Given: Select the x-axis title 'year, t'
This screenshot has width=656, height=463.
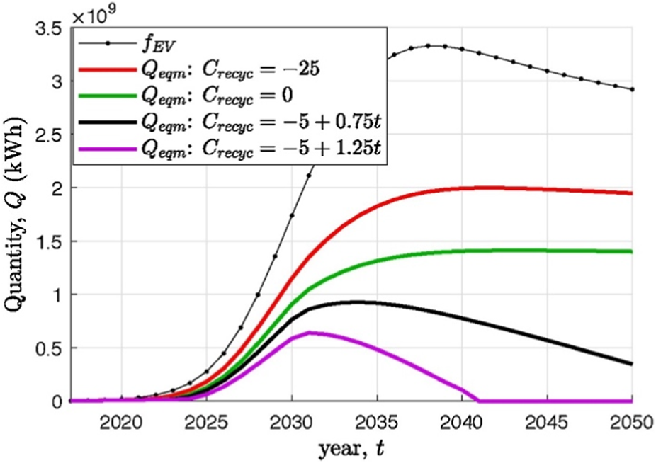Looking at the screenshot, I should (351, 448).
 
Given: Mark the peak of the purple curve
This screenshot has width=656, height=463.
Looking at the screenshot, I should (309, 332).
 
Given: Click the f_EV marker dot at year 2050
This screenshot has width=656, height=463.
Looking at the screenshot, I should (632, 89).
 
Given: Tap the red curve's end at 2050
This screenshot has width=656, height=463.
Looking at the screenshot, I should (631, 193).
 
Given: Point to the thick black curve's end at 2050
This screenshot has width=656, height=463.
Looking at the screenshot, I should (631, 364).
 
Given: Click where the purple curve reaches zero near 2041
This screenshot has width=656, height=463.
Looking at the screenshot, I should (478, 401).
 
